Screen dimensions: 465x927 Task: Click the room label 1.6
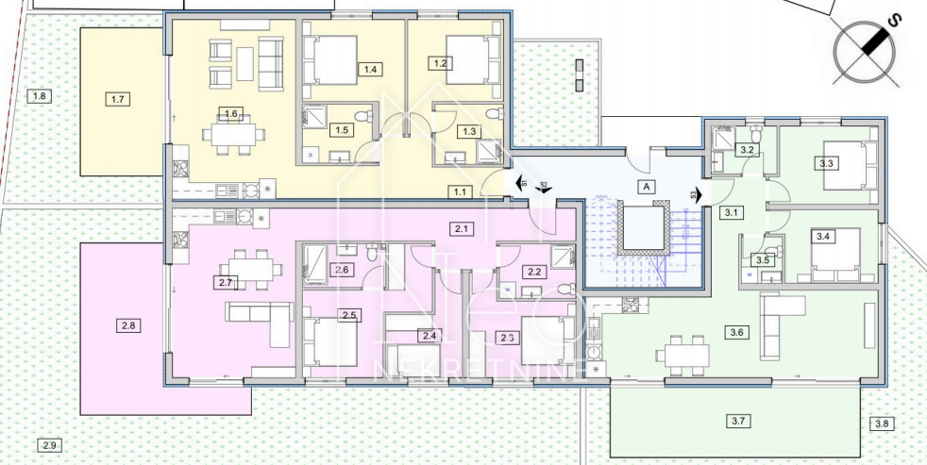pos(231,114)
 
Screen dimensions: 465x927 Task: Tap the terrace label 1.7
pos(118,99)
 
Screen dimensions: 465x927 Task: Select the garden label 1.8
pos(39,96)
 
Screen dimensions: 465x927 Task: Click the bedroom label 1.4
pos(370,69)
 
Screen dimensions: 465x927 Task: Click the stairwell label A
pos(647,187)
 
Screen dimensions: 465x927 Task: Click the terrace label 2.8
pos(127,326)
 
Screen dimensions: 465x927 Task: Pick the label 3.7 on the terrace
pos(739,421)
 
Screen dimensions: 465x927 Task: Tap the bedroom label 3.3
pos(828,163)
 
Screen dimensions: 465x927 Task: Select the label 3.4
pos(823,236)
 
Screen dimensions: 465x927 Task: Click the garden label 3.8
pos(882,423)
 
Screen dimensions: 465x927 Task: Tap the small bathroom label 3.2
pos(747,150)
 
